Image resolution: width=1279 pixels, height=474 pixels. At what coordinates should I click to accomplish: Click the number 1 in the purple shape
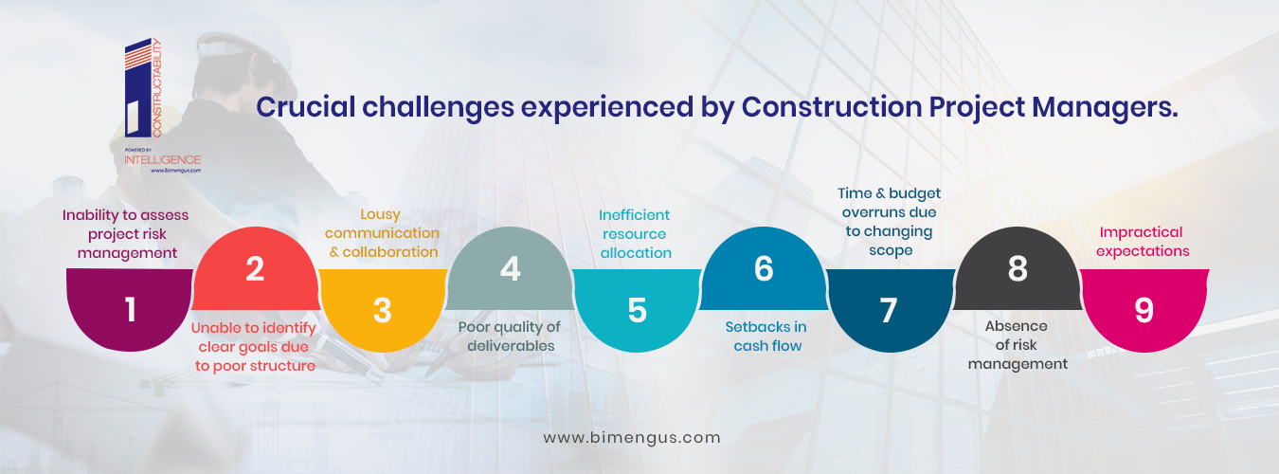[131, 310]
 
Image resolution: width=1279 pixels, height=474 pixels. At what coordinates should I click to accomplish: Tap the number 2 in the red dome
[255, 268]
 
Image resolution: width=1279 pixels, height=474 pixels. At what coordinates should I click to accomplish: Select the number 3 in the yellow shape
[382, 311]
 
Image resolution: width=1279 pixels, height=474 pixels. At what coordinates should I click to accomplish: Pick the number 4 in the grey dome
[510, 268]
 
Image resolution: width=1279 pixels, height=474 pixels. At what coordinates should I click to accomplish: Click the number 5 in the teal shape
[638, 311]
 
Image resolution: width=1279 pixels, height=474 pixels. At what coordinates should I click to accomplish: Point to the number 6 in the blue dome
[764, 268]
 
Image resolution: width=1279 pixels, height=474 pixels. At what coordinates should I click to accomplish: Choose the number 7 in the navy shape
[889, 311]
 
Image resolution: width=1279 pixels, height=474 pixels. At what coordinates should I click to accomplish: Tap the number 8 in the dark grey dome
[1018, 268]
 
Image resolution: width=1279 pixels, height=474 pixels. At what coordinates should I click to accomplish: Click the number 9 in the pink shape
[1144, 311]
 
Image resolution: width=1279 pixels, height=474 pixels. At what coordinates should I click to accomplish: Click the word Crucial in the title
[305, 107]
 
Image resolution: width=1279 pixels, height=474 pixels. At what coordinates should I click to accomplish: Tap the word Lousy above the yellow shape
[380, 215]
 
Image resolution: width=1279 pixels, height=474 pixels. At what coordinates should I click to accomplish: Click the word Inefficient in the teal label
[634, 215]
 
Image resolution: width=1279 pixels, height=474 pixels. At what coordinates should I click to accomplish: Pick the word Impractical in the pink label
[1141, 233]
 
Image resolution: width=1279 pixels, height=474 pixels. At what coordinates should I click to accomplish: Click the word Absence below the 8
[1016, 326]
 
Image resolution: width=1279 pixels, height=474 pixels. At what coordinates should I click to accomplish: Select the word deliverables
[511, 345]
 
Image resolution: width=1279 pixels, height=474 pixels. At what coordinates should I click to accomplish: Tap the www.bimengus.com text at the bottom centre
[632, 437]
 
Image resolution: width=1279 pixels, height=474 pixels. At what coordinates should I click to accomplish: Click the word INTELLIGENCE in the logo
[163, 160]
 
